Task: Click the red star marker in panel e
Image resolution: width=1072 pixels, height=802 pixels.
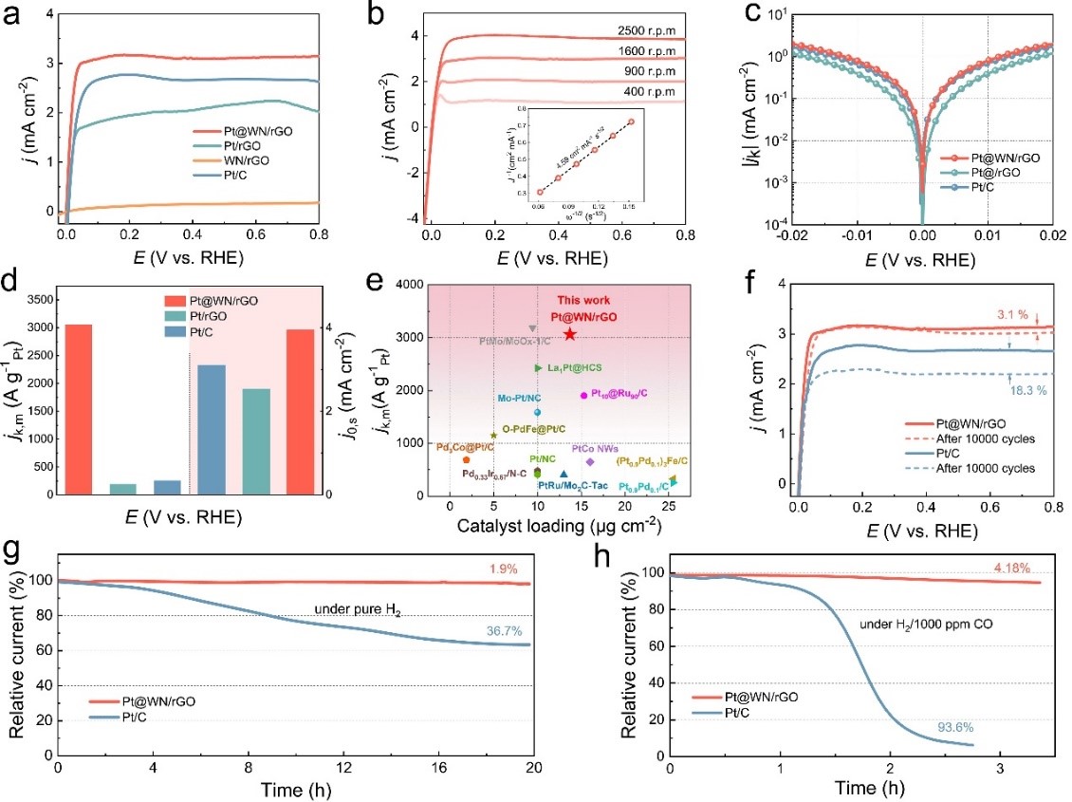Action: pyautogui.click(x=569, y=334)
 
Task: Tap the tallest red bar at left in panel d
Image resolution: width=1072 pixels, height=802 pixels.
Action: pyautogui.click(x=79, y=409)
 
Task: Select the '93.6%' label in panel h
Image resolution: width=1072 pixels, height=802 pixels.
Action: pyautogui.click(x=950, y=726)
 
